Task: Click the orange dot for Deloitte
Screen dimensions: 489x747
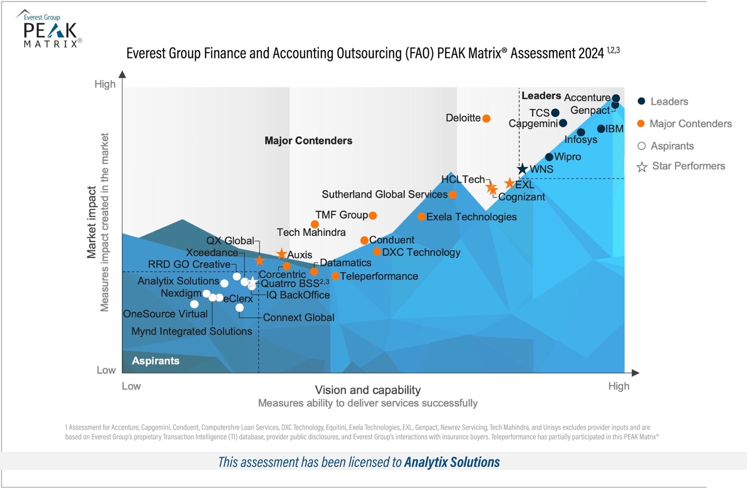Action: [486, 118]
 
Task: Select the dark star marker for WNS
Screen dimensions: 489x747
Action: [522, 169]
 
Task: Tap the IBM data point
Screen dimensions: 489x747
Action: [601, 129]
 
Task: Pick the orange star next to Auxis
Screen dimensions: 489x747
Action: [281, 254]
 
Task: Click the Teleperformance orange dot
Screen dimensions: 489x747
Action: [335, 276]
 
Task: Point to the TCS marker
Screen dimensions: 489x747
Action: [555, 113]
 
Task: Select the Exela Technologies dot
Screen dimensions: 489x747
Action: [421, 217]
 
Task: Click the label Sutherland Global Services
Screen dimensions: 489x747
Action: [384, 194]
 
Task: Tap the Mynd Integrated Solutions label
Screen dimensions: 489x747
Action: [192, 332]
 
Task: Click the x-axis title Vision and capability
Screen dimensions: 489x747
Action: [367, 390]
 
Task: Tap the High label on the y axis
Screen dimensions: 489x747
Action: [105, 84]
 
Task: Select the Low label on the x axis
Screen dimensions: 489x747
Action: [131, 386]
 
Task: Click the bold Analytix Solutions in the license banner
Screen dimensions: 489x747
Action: [452, 462]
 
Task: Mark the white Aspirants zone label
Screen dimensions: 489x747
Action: [156, 361]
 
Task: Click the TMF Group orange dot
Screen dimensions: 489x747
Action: [373, 215]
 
